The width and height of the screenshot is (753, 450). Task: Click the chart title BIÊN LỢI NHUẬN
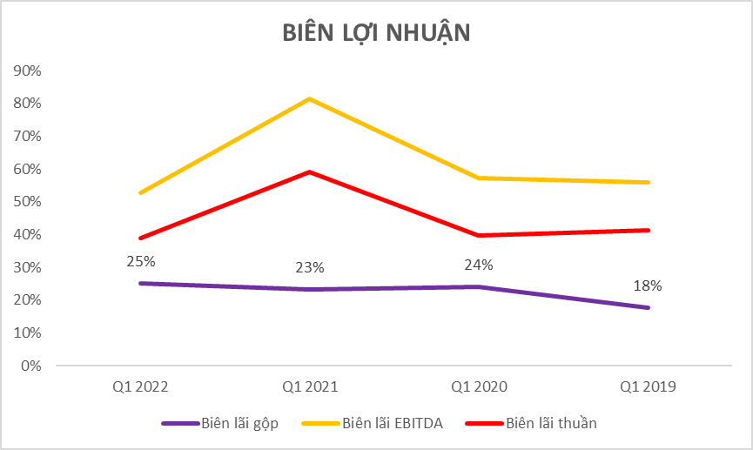[x=376, y=33]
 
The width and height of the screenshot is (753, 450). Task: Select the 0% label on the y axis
[x=32, y=366]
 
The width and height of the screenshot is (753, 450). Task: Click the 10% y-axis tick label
[x=29, y=332]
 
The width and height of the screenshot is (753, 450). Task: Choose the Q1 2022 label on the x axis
[x=140, y=386]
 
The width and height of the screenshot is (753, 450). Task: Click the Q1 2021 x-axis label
[x=310, y=386]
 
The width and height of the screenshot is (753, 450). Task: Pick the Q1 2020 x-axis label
[x=480, y=386]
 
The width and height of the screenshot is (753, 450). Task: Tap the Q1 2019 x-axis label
[x=649, y=386]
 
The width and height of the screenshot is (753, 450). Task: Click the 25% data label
[x=140, y=261]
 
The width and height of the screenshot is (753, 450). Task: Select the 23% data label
[x=310, y=268]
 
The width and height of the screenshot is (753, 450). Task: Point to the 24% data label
[x=479, y=265]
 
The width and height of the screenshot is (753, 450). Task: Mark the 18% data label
[x=649, y=285]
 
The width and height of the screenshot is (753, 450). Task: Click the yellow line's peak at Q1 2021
[x=310, y=99]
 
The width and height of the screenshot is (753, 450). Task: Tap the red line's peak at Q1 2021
[x=310, y=172]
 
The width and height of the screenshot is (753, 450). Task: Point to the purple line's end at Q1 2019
[x=649, y=307]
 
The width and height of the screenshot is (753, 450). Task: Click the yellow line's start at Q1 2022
[x=140, y=193]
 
